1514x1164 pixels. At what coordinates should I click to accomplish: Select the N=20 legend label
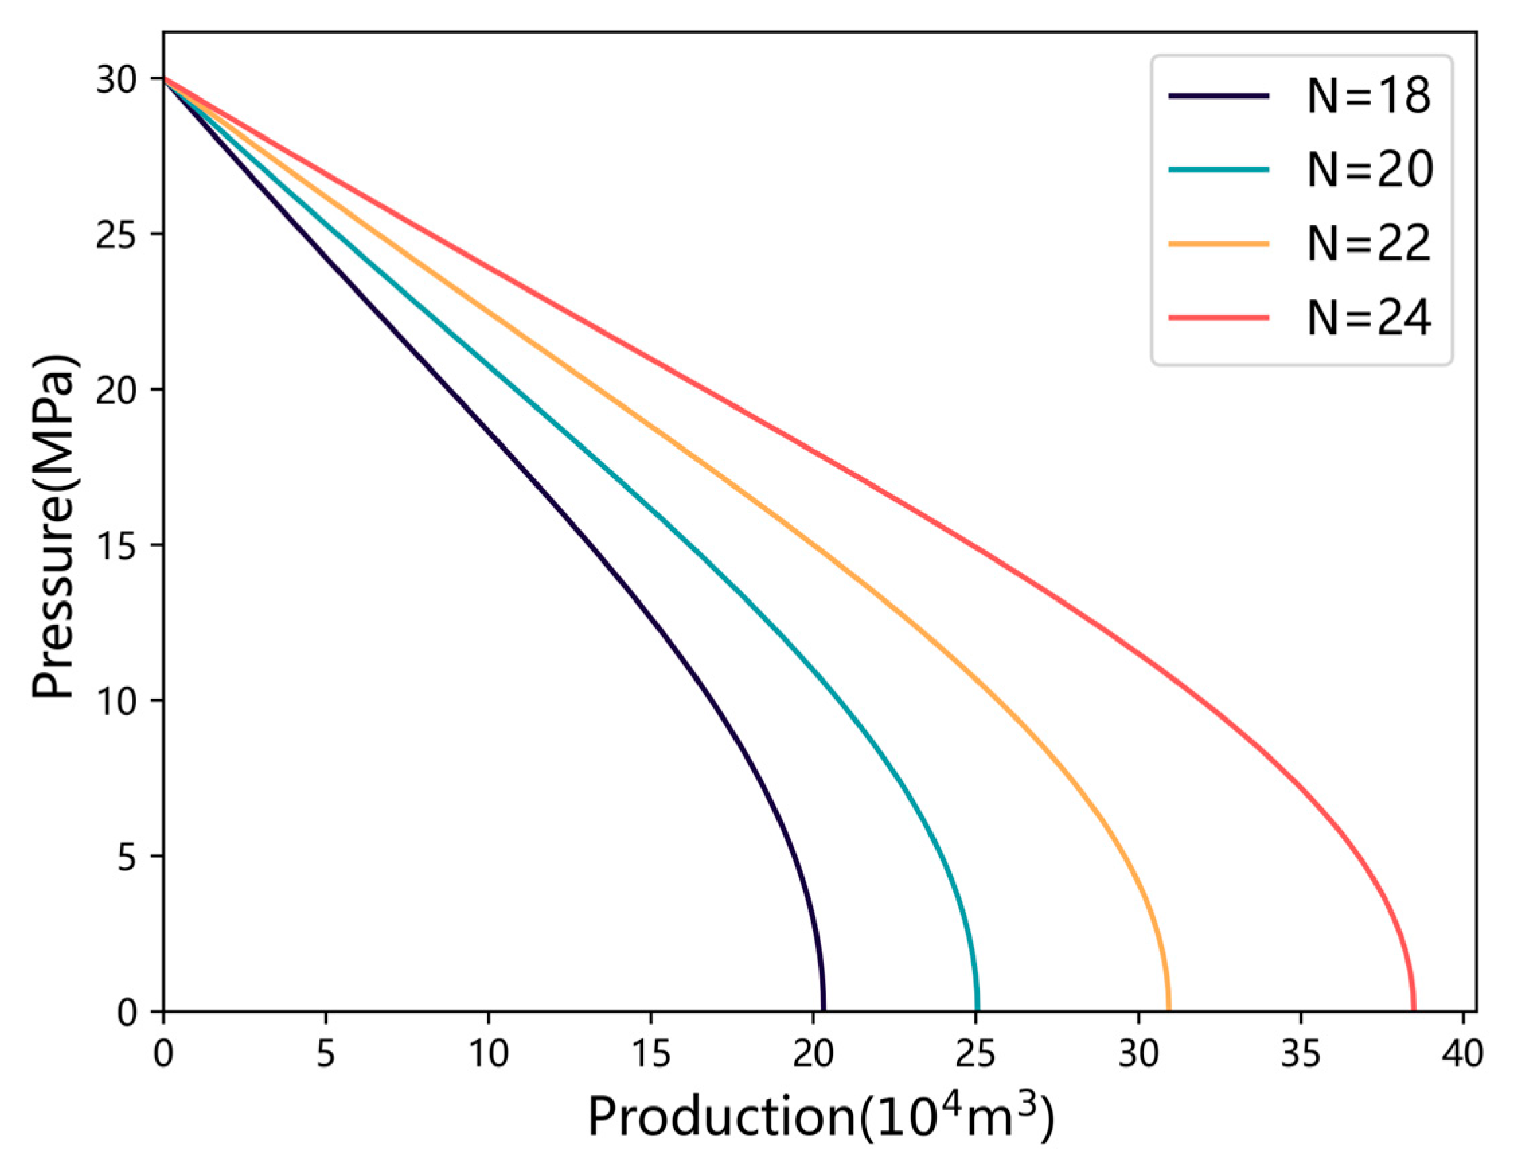point(1369,169)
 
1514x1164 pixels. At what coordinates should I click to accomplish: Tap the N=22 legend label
point(1369,244)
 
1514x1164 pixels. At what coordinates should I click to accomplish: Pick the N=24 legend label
point(1369,318)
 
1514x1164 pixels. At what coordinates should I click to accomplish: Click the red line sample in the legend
point(1218,318)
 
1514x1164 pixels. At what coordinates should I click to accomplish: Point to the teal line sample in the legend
point(1218,169)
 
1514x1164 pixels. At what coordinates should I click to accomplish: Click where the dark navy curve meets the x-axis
point(823,1010)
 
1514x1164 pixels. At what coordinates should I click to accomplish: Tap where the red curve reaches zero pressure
point(1413,1010)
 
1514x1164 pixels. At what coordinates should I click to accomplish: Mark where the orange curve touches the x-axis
point(1168,1010)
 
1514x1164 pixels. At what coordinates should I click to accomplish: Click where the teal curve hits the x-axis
point(978,1010)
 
